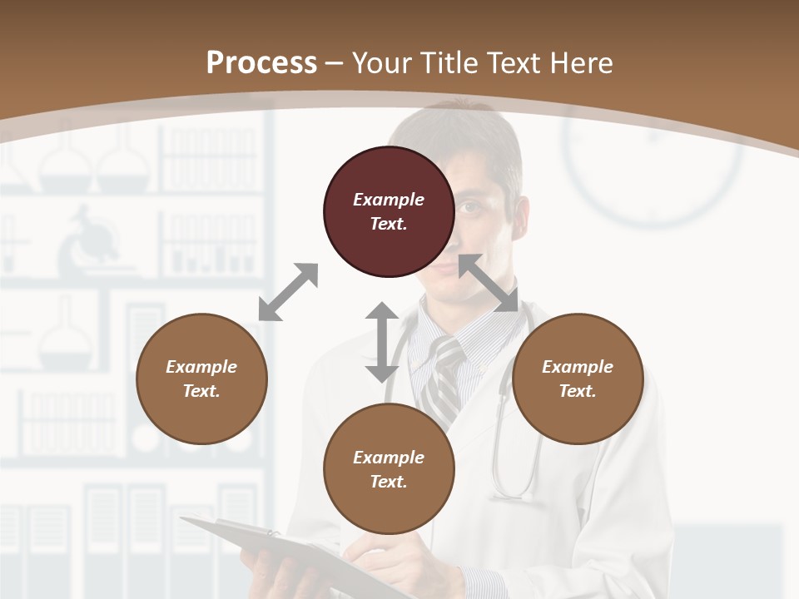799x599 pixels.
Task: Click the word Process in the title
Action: (x=261, y=62)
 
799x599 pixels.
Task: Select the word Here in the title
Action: (x=580, y=63)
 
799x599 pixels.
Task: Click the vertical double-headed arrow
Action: (x=381, y=342)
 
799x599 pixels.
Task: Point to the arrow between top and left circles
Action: (x=288, y=292)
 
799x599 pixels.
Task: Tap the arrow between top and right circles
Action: (x=489, y=284)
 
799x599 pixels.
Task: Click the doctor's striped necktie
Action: (x=440, y=379)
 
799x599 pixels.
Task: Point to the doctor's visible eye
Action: (x=471, y=207)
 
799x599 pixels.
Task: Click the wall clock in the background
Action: (x=653, y=166)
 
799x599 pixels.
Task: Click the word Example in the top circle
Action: (x=388, y=200)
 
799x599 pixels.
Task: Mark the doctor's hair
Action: (x=466, y=133)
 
